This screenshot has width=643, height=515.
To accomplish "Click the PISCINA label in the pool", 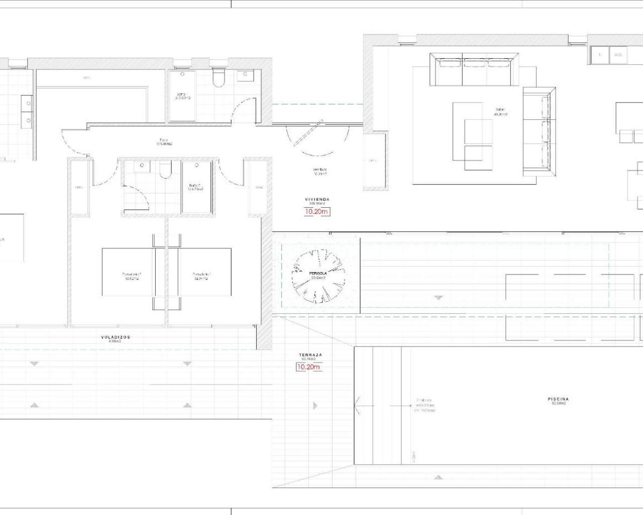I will pyautogui.click(x=558, y=399).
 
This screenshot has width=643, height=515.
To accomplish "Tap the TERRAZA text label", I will pyautogui.click(x=310, y=355).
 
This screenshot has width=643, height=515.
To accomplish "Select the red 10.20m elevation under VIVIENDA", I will pyautogui.click(x=317, y=212).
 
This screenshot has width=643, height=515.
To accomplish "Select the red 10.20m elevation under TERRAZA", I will pyautogui.click(x=308, y=367).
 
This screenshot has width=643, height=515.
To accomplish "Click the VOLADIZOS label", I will pyautogui.click(x=115, y=337).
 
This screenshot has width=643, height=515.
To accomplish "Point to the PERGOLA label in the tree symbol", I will pyautogui.click(x=318, y=274).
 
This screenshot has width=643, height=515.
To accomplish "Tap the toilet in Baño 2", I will pyautogui.click(x=165, y=171).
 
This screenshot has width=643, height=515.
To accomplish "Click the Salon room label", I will pyautogui.click(x=500, y=110).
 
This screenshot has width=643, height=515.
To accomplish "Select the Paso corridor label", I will pyautogui.click(x=164, y=140).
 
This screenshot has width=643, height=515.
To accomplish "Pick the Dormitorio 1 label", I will pyautogui.click(x=202, y=275).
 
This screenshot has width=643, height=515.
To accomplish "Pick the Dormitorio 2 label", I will pyautogui.click(x=132, y=275).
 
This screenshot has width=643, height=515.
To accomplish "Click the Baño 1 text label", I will pyautogui.click(x=182, y=95).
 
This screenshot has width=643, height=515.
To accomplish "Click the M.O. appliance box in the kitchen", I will pyautogui.click(x=618, y=55).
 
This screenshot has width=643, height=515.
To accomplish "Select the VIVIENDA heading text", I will pyautogui.click(x=317, y=200).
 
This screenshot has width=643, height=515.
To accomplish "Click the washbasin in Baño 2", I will pyautogui.click(x=143, y=165).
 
